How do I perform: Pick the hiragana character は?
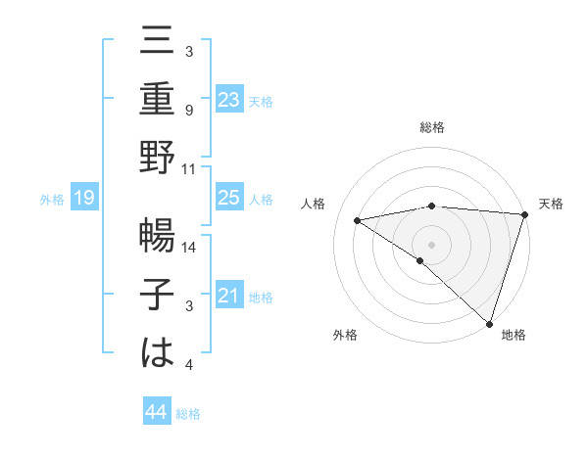point(158,351)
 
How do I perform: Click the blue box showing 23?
point(229,99)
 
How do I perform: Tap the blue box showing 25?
point(229,198)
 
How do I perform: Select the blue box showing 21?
point(229,296)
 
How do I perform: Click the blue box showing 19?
point(84,198)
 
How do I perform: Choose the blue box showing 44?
point(156,413)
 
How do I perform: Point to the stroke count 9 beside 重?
point(188,111)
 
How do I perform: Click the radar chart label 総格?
point(431,127)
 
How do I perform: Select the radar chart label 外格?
point(345,335)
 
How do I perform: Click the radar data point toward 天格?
point(524,213)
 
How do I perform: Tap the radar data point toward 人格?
point(357,219)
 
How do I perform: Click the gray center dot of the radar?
point(431,244)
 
